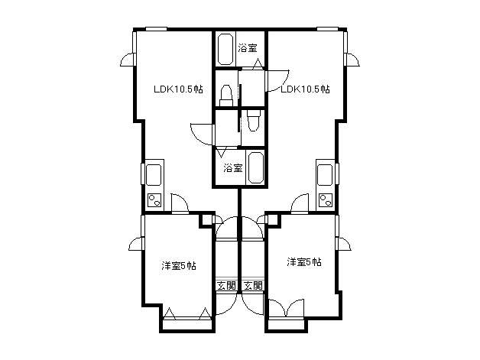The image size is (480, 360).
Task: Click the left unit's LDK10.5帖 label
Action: [178, 89]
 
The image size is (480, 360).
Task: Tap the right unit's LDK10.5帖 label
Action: [305, 89]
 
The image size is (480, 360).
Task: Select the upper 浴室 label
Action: [248, 48]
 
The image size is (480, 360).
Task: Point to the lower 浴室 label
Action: [233, 167]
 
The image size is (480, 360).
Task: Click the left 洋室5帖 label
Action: [179, 265]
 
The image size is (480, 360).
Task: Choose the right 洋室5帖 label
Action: [304, 262]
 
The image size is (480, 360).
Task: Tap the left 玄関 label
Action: [226, 286]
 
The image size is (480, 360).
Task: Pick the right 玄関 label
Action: [253, 286]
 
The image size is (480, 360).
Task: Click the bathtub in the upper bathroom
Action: [225, 49]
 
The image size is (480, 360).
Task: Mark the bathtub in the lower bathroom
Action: [255, 167]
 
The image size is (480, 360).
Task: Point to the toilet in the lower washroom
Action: [254, 120]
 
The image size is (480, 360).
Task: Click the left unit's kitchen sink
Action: [154, 175]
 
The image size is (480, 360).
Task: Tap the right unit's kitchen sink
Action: [325, 175]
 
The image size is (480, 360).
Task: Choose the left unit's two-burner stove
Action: [154, 200]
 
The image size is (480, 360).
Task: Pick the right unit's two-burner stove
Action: [326, 200]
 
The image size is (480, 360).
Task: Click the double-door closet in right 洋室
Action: [286, 308]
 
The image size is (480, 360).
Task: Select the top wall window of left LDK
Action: [156, 29]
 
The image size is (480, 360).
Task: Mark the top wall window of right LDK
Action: [327, 29]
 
